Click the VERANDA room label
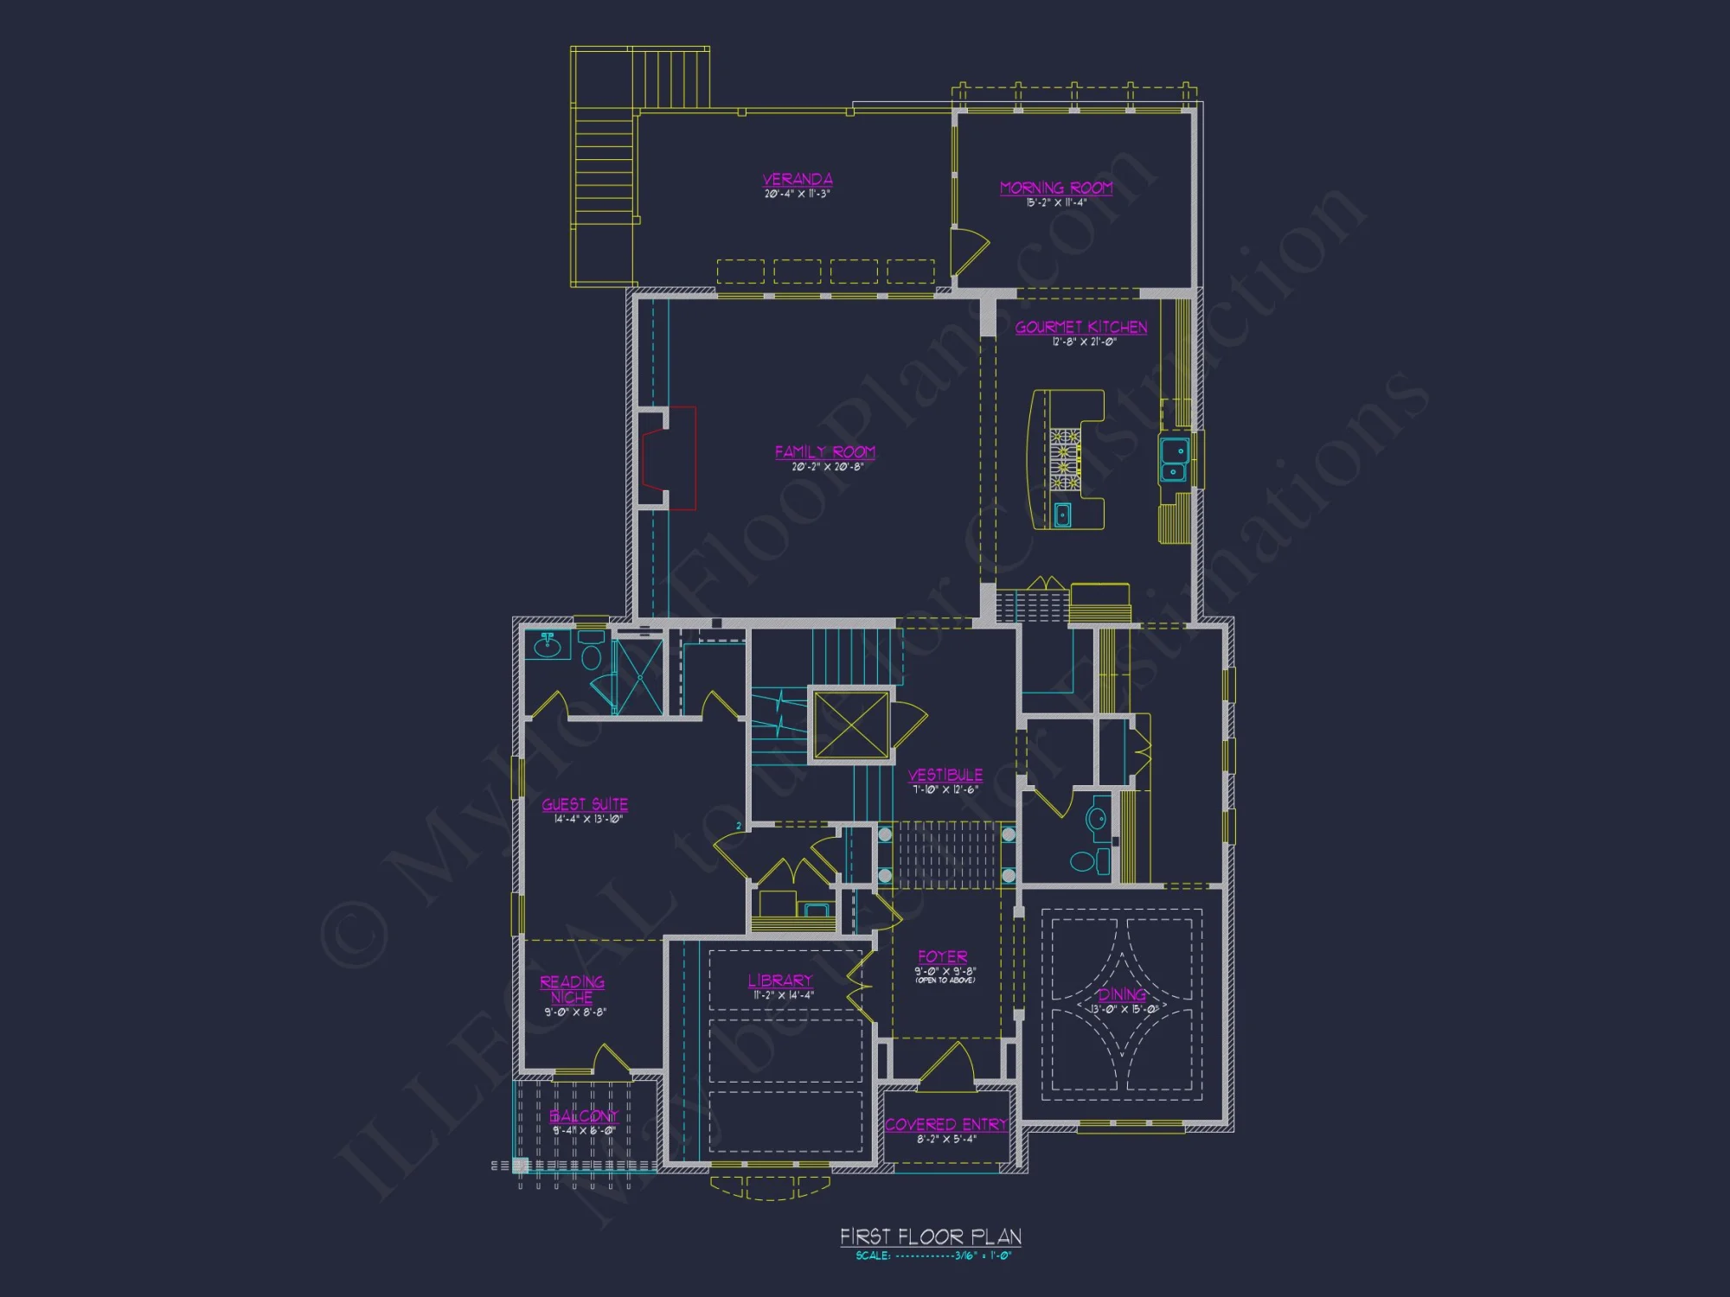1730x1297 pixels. pos(798,179)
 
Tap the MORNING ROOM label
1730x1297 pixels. pos(1055,188)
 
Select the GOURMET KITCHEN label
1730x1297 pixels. pos(1081,327)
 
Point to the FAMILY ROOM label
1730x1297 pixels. pos(825,451)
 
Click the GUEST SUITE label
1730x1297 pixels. pos(585,804)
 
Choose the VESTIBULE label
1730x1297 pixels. pos(945,775)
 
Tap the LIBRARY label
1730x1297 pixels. pos(780,981)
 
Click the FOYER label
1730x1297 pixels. pos(943,957)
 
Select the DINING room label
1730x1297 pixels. pos(1122,995)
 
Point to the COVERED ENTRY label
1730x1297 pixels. pos(945,1124)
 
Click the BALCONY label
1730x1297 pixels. pos(584,1116)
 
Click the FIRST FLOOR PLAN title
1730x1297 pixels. pos(931,1236)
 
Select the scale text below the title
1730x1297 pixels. pos(932,1256)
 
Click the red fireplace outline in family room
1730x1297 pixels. pos(680,458)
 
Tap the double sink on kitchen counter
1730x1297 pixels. pos(1174,459)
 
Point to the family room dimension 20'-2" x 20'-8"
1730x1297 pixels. pos(827,467)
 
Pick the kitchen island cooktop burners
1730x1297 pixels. pos(1065,459)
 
